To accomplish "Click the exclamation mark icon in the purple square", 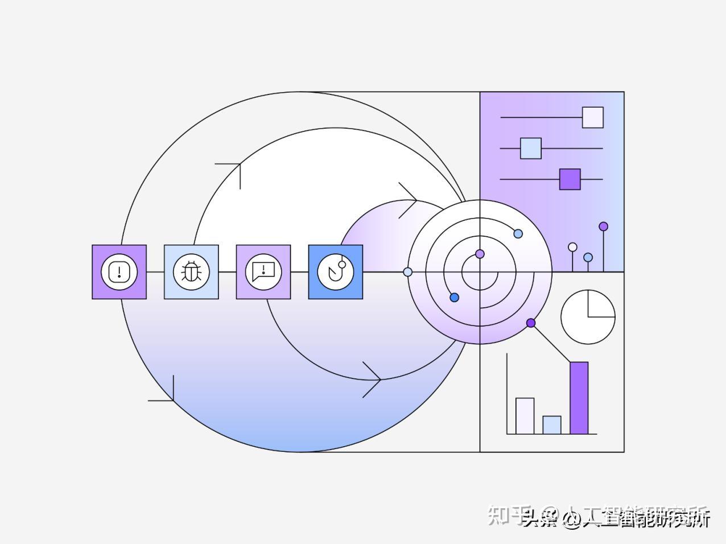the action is [x=119, y=272].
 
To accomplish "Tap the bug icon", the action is [x=191, y=272].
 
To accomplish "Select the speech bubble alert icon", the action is [x=263, y=272].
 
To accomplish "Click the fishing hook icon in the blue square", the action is [x=336, y=272].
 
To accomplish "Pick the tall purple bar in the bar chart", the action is [x=579, y=398].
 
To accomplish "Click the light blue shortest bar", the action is [x=551, y=425].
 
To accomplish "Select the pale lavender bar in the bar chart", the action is [x=525, y=416].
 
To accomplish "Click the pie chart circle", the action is [x=588, y=317].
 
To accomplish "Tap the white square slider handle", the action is [x=592, y=117].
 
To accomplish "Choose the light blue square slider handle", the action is [x=530, y=149].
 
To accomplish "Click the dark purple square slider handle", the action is [x=570, y=179].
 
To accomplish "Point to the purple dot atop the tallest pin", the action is [x=603, y=226].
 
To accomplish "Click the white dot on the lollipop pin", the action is [x=572, y=247].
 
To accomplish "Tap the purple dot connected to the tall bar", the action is [x=531, y=323].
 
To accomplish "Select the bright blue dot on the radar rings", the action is [x=454, y=298].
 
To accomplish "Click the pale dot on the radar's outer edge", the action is [x=407, y=272].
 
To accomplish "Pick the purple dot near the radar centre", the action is [x=480, y=254].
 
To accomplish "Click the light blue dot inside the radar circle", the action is [x=518, y=234].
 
